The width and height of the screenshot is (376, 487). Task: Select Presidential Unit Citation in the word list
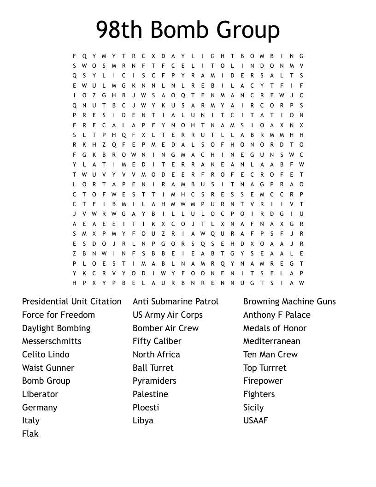(72, 302)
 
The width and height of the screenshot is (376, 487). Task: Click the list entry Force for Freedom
(59, 315)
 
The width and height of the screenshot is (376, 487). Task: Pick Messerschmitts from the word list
(52, 341)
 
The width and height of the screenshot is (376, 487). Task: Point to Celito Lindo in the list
(46, 355)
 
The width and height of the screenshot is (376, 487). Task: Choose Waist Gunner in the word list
(48, 368)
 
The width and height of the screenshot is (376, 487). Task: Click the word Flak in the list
(30, 434)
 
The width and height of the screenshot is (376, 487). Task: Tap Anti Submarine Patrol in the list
(176, 302)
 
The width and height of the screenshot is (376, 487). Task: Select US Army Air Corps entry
(168, 315)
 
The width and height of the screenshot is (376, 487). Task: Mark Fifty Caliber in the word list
(157, 341)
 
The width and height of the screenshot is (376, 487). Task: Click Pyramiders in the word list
(154, 381)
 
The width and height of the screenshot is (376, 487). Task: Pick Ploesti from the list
(146, 408)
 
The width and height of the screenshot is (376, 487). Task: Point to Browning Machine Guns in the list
(289, 302)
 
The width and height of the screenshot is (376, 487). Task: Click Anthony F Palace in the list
(277, 315)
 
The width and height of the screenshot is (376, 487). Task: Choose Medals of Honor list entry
(275, 328)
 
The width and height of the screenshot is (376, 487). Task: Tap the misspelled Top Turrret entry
(265, 368)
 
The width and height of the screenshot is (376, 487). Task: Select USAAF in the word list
(256, 421)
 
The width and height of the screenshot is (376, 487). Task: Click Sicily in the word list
(253, 408)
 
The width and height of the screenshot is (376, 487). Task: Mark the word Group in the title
(248, 30)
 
